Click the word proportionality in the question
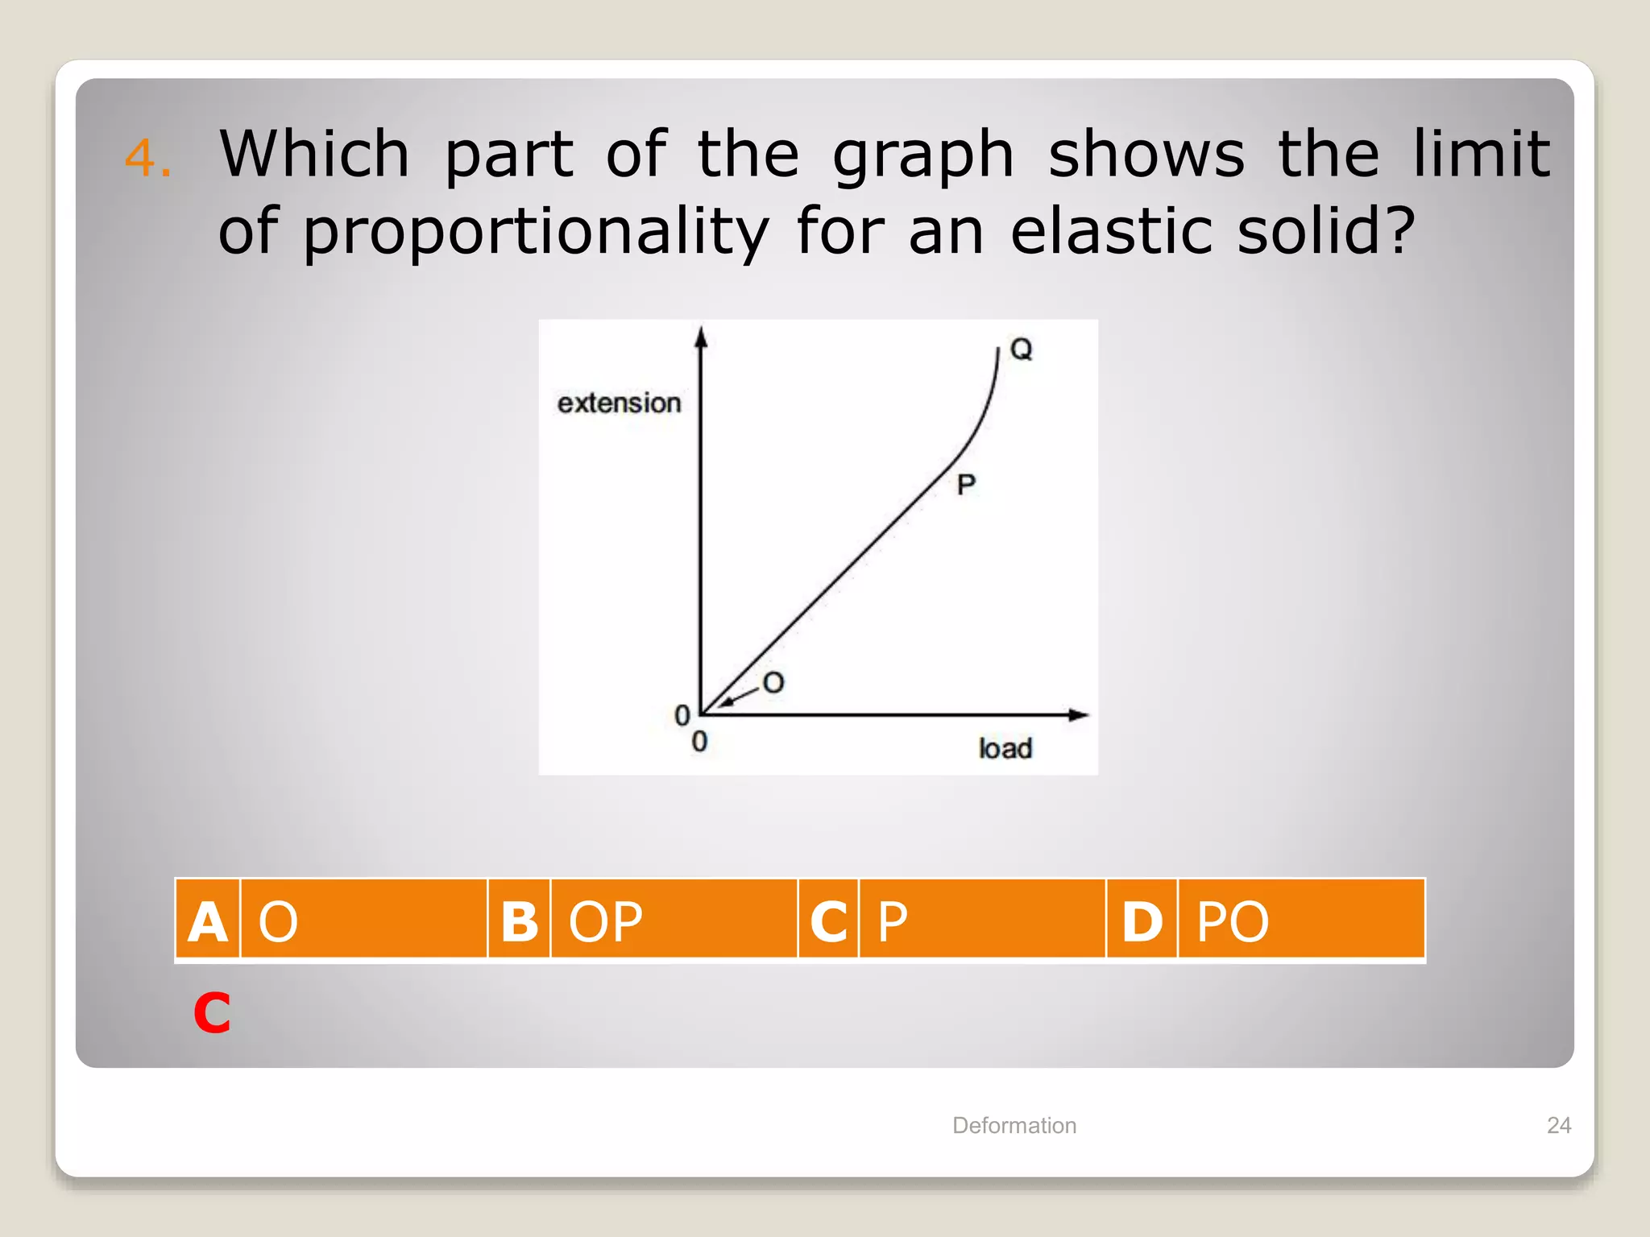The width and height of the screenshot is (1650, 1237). coord(536,232)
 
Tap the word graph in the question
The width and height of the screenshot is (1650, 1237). coord(922,155)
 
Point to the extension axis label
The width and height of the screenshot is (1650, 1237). coord(619,403)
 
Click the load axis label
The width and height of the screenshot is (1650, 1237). coord(1005,748)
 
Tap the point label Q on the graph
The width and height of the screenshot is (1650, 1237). coord(1021,350)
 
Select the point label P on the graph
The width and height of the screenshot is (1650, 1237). coord(966,485)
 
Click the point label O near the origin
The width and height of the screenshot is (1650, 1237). coord(773,683)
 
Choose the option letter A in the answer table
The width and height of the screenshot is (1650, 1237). coord(208,921)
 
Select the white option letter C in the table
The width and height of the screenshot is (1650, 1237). coord(828,921)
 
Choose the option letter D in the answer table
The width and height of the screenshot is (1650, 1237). coord(1142,921)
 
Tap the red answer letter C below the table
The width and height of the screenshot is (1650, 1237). coord(212,1012)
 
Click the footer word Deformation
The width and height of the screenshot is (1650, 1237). coord(1014,1125)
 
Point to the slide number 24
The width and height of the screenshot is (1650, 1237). coord(1559,1125)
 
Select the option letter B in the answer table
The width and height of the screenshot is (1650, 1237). coord(519,921)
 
